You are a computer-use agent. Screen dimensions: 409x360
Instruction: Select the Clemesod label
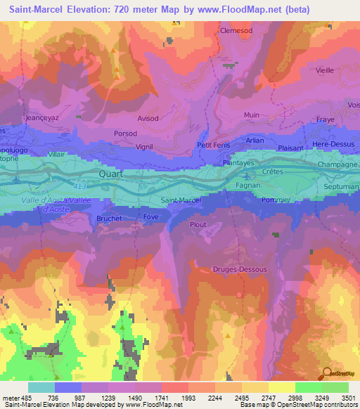[236, 31]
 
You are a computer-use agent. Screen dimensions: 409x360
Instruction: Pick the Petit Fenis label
[214, 145]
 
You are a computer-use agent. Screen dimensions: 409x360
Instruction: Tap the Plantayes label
[219, 162]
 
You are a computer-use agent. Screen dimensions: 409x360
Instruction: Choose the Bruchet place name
[108, 219]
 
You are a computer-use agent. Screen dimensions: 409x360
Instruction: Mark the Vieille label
[325, 70]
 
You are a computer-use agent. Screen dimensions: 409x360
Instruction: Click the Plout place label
[198, 225]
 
